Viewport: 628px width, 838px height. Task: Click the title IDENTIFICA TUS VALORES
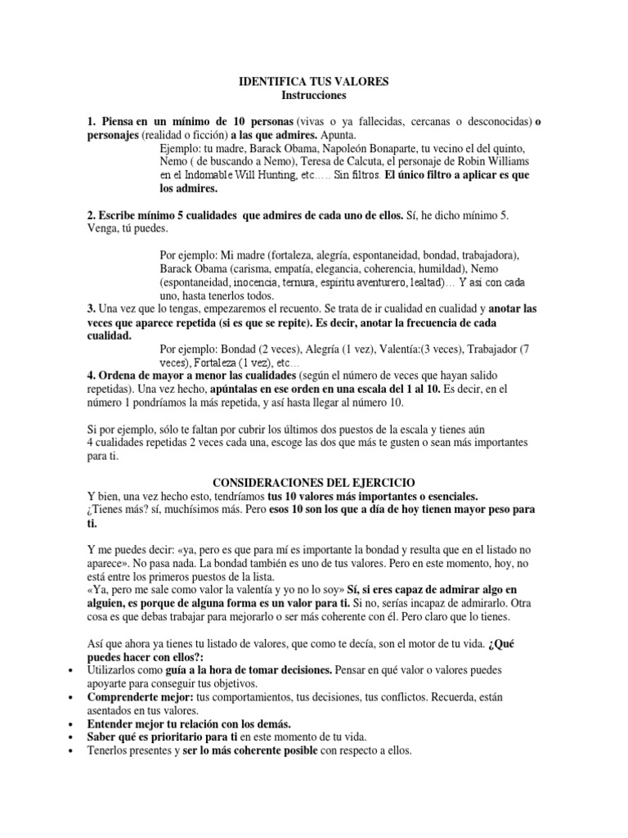click(x=313, y=82)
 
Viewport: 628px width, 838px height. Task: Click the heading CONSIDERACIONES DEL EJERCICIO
click(x=313, y=483)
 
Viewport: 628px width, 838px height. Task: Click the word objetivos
click(x=233, y=683)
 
